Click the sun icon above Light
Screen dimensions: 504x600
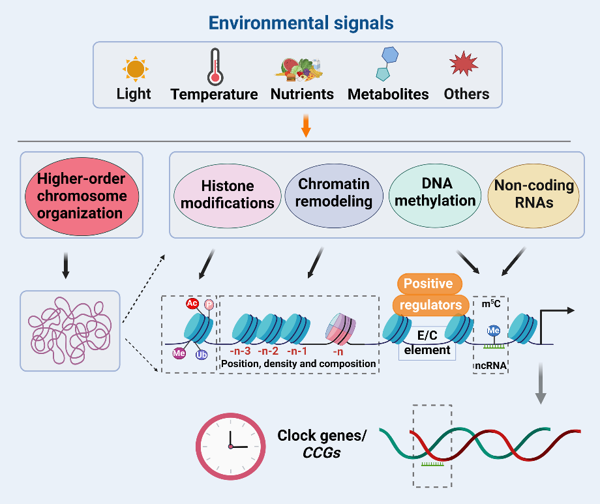(135, 68)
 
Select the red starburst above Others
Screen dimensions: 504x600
(464, 65)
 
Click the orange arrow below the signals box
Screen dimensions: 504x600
(305, 126)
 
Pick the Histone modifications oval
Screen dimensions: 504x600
(228, 194)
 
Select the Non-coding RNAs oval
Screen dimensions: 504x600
(534, 194)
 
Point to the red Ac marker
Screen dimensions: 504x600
(192, 303)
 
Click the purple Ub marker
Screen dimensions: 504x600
(202, 355)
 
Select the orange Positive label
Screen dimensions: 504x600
(429, 284)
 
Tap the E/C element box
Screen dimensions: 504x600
(427, 343)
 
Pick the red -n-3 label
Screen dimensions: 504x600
(241, 353)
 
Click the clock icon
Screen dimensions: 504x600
(230, 443)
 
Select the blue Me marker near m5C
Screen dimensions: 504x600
(494, 331)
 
